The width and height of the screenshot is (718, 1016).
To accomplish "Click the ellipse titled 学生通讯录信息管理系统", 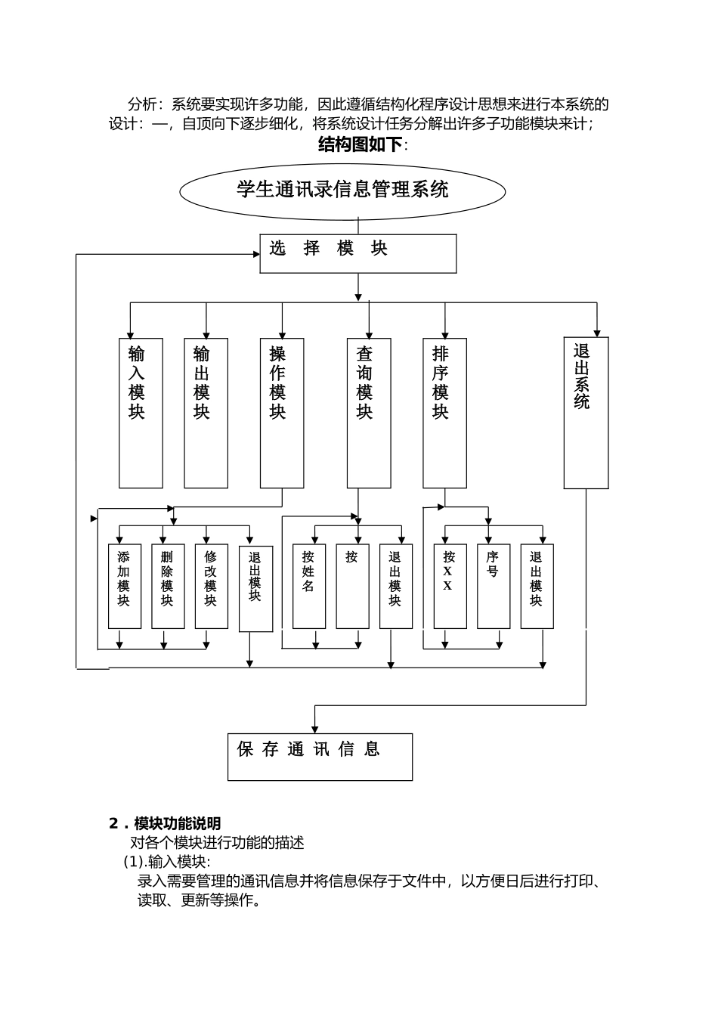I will pyautogui.click(x=342, y=191).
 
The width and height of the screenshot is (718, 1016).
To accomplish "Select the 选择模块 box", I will pyautogui.click(x=358, y=253).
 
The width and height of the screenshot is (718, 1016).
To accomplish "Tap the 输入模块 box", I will pyautogui.click(x=141, y=413).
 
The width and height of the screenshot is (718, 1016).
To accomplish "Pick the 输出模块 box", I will pyautogui.click(x=206, y=413).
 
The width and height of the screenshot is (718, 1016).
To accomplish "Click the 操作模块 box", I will pyautogui.click(x=282, y=413).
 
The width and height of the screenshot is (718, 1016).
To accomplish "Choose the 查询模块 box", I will pyautogui.click(x=369, y=413).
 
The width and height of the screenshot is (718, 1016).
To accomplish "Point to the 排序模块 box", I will pyautogui.click(x=444, y=413).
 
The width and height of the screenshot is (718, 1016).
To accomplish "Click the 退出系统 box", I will pyautogui.click(x=586, y=413).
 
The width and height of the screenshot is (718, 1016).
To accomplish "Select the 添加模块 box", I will pyautogui.click(x=125, y=586).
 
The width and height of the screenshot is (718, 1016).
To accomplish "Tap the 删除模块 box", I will pyautogui.click(x=168, y=586).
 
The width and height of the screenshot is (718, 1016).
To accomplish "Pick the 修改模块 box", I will pyautogui.click(x=212, y=586).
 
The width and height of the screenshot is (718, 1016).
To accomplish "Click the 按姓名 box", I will pyautogui.click(x=309, y=586).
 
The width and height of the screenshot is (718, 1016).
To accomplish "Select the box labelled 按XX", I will pyautogui.click(x=450, y=586).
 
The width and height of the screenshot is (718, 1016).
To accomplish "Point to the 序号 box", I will pyautogui.click(x=494, y=586).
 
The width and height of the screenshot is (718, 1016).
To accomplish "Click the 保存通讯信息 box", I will pyautogui.click(x=320, y=757).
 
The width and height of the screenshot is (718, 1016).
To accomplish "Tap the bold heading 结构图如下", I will pyautogui.click(x=361, y=144).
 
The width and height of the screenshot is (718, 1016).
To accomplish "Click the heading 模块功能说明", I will pyautogui.click(x=177, y=823).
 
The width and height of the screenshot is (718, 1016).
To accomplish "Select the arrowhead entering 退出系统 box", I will pyautogui.click(x=597, y=333).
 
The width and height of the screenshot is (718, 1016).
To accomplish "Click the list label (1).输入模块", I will pyautogui.click(x=167, y=862).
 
